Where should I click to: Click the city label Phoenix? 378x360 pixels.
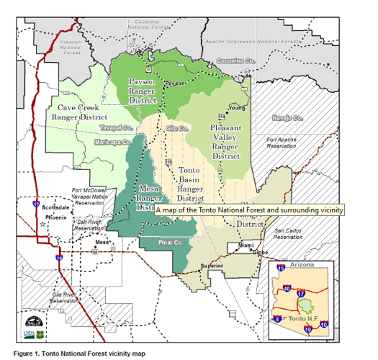coord(58,215)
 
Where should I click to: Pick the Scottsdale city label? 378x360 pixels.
coord(55,207)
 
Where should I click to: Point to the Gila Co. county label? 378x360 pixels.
coord(176,127)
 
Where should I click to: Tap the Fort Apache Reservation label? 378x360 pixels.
coord(282,142)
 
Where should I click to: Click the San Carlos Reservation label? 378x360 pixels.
coord(287,233)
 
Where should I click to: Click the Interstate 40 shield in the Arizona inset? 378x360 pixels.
coord(286,289)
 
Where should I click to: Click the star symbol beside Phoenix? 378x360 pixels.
coord(42,224)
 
